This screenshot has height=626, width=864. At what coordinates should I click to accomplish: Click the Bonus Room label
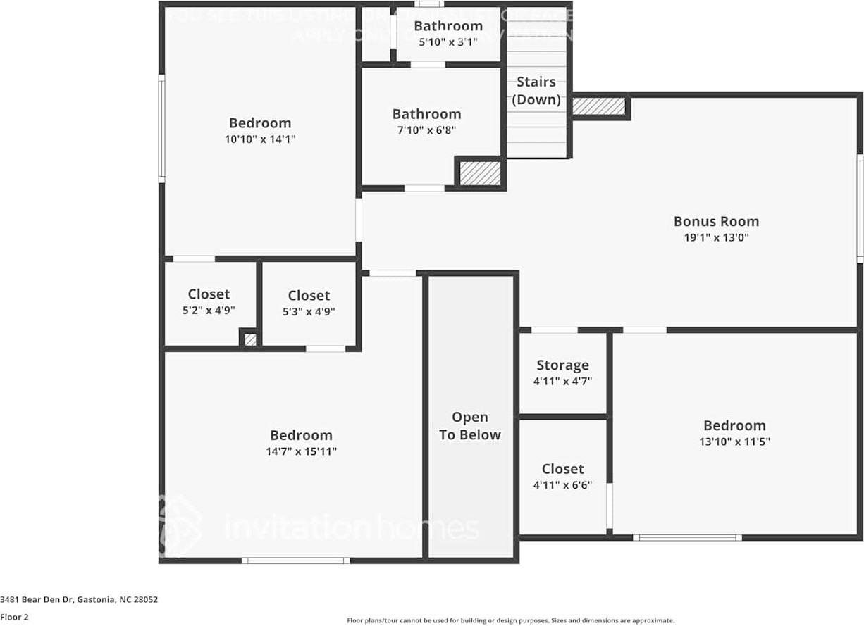point(716,221)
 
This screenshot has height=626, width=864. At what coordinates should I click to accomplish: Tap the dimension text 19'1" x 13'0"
point(716,238)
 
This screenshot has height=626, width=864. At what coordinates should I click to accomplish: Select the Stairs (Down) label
point(536,91)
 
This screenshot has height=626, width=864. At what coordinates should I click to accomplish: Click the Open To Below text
point(470,426)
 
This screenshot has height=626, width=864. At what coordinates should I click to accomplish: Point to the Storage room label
point(562,365)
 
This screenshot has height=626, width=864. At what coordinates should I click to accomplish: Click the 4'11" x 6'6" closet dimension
point(562,485)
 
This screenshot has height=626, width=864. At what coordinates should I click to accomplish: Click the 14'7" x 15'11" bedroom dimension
point(301,452)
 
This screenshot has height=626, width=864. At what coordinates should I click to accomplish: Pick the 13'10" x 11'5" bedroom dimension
point(734,442)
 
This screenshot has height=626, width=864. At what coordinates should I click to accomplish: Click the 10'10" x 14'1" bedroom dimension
point(260,139)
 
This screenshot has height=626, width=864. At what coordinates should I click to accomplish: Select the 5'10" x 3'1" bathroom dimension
point(448,42)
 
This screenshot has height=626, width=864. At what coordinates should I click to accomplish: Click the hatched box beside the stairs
point(598,106)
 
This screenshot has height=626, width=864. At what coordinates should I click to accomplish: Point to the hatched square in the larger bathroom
point(480,173)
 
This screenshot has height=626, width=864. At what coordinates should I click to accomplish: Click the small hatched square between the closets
point(250,339)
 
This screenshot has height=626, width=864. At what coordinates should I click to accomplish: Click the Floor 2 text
point(14,617)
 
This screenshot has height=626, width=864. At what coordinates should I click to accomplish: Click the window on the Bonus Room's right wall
point(860,208)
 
